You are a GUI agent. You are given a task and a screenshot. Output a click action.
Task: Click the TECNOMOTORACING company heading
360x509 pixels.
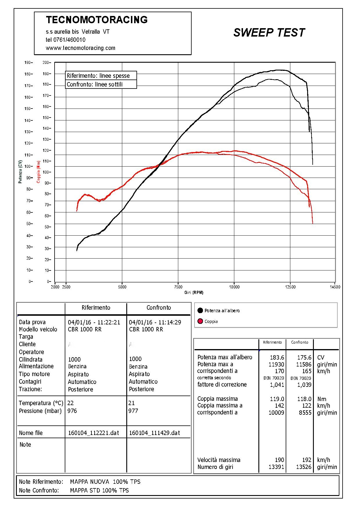(97, 20)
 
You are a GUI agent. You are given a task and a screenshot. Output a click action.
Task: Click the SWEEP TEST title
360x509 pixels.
(269, 33)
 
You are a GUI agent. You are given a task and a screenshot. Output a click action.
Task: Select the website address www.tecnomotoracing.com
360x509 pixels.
(80, 48)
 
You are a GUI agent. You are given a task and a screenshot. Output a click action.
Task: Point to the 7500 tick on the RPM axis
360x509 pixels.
(178, 287)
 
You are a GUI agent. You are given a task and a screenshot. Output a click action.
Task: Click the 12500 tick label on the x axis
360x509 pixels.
(290, 287)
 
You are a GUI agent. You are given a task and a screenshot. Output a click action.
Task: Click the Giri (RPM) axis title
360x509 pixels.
(194, 293)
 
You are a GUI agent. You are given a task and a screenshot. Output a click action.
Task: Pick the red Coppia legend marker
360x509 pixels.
(200, 321)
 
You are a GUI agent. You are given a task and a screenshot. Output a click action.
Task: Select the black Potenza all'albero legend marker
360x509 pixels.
(200, 311)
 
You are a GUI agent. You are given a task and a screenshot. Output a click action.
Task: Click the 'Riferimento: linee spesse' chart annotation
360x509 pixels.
(98, 76)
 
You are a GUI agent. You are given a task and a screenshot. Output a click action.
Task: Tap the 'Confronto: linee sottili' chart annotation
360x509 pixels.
(95, 84)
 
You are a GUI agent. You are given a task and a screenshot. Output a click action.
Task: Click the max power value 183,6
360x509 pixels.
(277, 358)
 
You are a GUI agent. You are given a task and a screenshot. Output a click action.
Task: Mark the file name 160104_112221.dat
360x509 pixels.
(93, 433)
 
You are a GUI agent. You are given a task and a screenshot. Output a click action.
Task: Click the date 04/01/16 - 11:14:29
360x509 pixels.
(155, 322)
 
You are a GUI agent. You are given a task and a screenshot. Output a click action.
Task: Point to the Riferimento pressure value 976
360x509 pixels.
(72, 411)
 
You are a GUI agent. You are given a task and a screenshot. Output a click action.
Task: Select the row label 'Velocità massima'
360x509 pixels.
(219, 460)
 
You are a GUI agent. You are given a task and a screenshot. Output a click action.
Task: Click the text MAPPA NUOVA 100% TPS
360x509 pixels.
(105, 482)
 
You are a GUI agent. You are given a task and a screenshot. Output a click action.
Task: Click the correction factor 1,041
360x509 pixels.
(277, 385)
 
